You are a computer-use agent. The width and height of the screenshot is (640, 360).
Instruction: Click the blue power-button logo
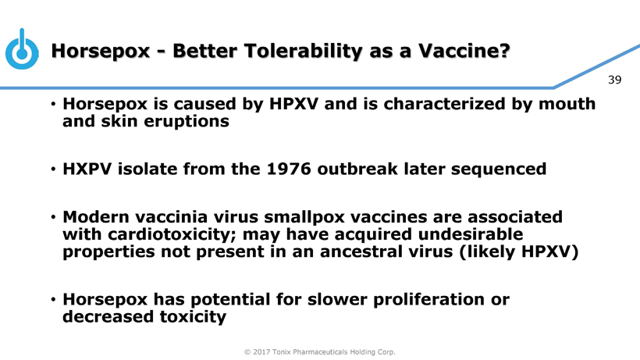coord(22,49)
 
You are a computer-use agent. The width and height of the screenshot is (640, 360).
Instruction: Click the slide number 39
coord(614,80)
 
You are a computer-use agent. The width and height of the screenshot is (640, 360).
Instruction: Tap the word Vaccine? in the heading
coord(464,51)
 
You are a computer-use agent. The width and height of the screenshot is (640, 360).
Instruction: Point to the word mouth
coord(567,104)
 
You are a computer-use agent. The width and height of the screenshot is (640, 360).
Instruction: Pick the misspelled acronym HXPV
coord(87,169)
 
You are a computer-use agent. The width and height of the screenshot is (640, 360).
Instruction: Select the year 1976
coord(289,169)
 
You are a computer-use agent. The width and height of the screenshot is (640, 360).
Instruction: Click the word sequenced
coord(499,169)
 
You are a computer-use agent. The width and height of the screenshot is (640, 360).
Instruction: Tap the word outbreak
coord(357,169)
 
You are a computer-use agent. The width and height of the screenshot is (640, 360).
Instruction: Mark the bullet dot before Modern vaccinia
coord(53,217)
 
